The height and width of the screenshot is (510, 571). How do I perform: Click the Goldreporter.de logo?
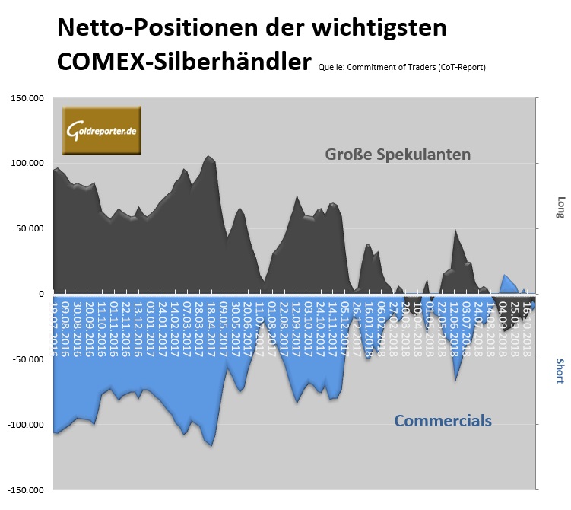tap(101, 130)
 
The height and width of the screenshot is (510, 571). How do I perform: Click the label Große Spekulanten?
tap(398, 155)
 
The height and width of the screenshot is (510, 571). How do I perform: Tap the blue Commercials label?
tap(443, 421)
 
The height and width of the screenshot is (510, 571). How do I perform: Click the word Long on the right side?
tap(560, 207)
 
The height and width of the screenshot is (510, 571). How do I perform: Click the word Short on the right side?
tap(560, 371)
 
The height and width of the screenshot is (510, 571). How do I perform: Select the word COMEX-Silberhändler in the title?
tap(183, 60)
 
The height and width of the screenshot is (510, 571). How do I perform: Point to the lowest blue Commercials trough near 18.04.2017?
tap(211, 446)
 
